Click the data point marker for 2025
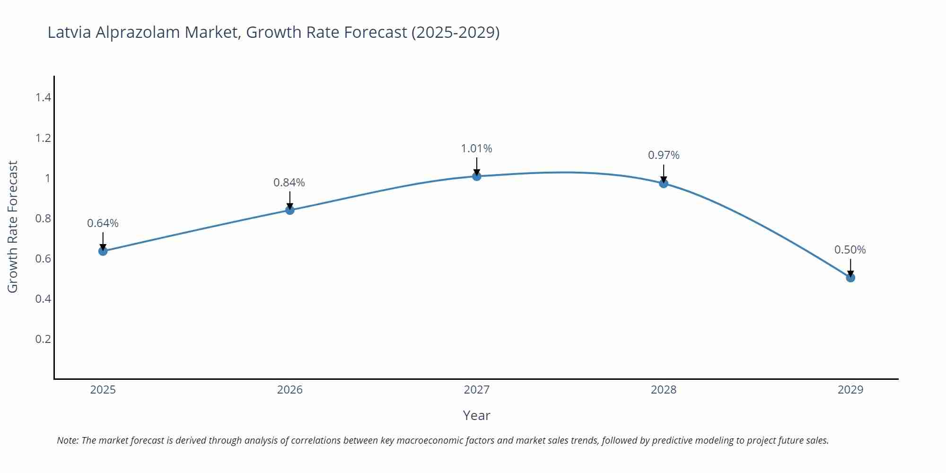(x=103, y=251)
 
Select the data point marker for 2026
(x=290, y=210)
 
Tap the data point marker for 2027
(x=477, y=176)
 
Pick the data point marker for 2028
(x=664, y=184)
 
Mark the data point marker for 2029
(x=850, y=278)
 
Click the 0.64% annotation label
(x=103, y=223)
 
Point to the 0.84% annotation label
(x=289, y=183)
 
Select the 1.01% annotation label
(x=476, y=149)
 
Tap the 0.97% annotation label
(x=664, y=155)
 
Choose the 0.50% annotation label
(x=850, y=250)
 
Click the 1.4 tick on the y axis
(x=43, y=97)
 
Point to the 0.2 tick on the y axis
(x=43, y=339)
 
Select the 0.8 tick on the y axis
(x=43, y=219)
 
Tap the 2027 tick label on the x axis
(x=477, y=390)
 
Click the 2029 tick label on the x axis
(x=850, y=390)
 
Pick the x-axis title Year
(x=476, y=415)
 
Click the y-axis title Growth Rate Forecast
(x=13, y=227)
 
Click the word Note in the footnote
(x=68, y=440)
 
